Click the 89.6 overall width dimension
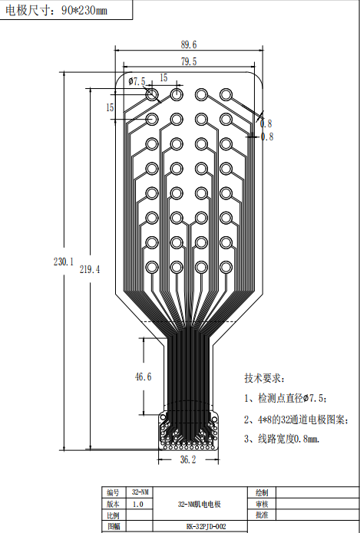[189, 44]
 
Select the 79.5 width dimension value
[189, 61]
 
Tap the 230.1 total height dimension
[63, 262]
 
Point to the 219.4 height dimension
[90, 269]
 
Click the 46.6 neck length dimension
[144, 377]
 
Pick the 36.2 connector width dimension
[188, 460]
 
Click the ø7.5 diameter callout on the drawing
[137, 81]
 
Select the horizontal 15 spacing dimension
[163, 78]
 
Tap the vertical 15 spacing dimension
[110, 108]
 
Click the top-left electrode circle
[152, 94]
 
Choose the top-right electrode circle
[226, 94]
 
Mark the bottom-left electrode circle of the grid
[152, 267]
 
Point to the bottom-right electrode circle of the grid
[226, 267]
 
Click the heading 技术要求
[264, 378]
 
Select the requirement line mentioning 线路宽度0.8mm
[282, 439]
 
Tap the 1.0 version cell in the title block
[138, 504]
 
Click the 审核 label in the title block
[262, 504]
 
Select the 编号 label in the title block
[113, 493]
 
